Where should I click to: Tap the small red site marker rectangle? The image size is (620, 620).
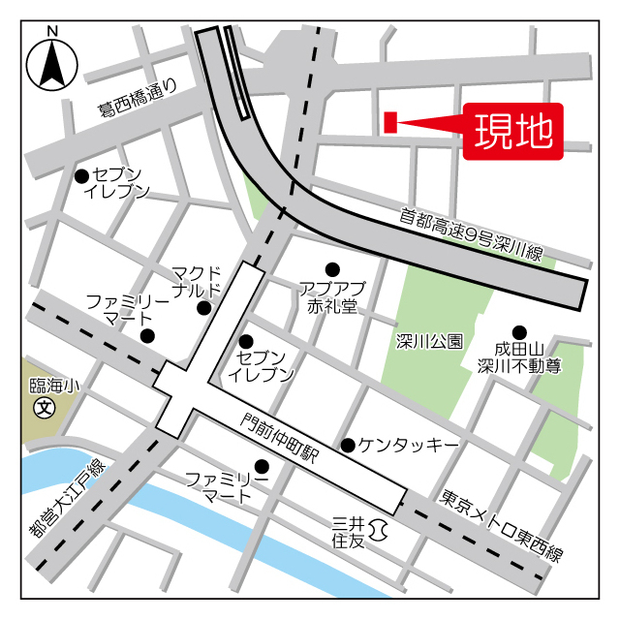(390, 122)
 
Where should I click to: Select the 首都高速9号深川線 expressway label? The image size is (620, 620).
(471, 234)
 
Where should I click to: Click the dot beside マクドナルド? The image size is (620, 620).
(204, 308)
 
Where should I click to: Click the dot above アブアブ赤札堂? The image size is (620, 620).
(332, 268)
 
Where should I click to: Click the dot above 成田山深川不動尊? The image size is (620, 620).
(519, 330)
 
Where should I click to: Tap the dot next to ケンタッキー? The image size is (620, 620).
(348, 445)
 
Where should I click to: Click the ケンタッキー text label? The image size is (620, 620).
(408, 445)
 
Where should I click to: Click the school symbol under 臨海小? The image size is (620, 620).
(44, 408)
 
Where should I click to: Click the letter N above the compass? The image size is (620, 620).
(52, 30)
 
